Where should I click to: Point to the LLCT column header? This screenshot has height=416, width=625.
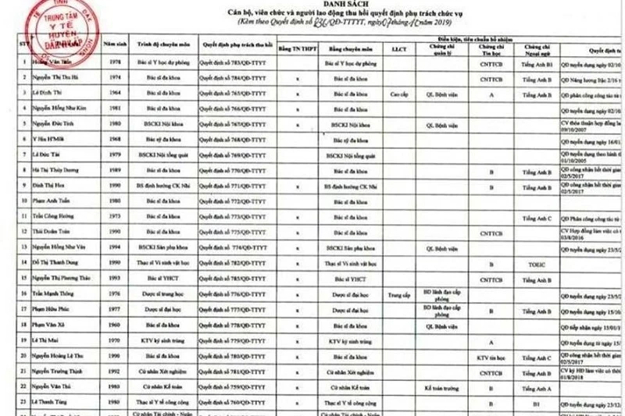pos(398,48)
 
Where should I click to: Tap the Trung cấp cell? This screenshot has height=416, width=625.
pos(398,296)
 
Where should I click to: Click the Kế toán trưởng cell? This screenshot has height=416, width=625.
pos(439,387)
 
